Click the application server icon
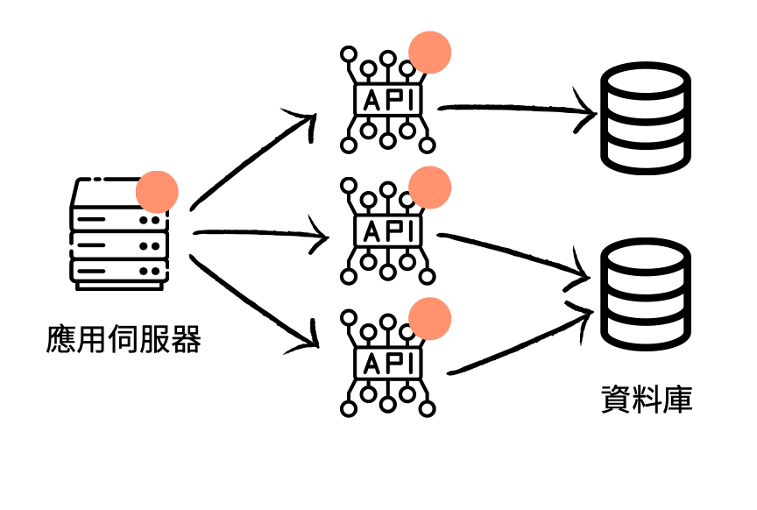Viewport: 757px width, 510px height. coord(118,234)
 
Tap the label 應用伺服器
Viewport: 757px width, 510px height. coord(124,339)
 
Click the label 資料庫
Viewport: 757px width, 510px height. coord(647,399)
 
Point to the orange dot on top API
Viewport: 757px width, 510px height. coord(430,52)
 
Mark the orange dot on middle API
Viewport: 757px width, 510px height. coord(430,187)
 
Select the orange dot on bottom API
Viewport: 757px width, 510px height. coord(430,318)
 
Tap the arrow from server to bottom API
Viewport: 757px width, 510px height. coord(254,302)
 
